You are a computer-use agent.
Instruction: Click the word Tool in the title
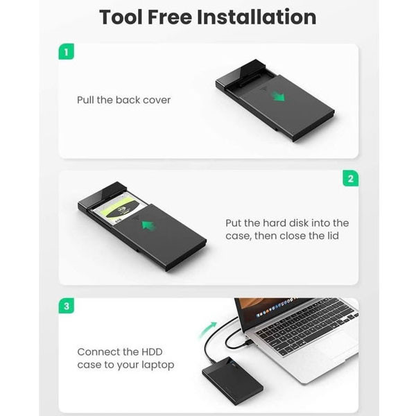pyautogui.click(x=121, y=17)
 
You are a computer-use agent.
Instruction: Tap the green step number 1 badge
pyautogui.click(x=66, y=51)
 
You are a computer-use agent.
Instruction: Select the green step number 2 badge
pyautogui.click(x=350, y=178)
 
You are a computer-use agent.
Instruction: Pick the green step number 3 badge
pyautogui.click(x=67, y=306)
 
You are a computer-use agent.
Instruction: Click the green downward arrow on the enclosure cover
pyautogui.click(x=278, y=96)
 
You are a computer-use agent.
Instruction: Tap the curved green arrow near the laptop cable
pyautogui.click(x=208, y=330)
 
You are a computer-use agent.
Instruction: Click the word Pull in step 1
pyautogui.click(x=85, y=100)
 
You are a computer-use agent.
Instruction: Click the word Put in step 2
pyautogui.click(x=233, y=223)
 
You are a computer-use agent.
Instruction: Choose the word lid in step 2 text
pyautogui.click(x=333, y=236)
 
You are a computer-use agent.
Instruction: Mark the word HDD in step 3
pyautogui.click(x=152, y=352)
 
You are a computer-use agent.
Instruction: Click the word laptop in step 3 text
pyautogui.click(x=158, y=365)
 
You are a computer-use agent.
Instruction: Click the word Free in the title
pyautogui.click(x=170, y=17)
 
